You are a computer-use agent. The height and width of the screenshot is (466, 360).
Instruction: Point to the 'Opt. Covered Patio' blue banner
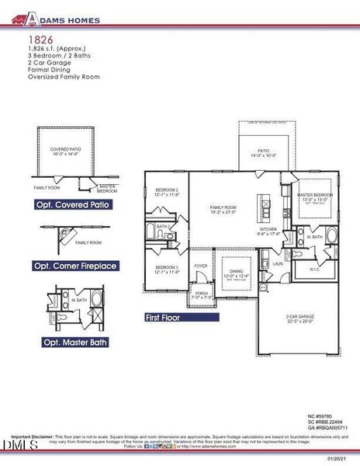(72, 204)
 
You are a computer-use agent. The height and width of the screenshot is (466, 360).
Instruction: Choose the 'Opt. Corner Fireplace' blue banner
(76, 266)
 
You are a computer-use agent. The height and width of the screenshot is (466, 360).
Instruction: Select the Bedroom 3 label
(167, 269)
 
